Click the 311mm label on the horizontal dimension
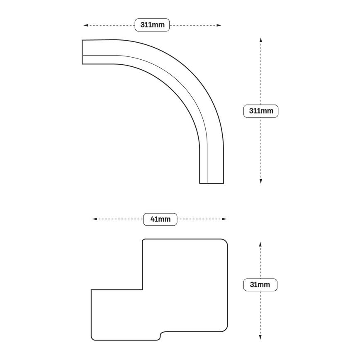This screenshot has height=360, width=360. pyautogui.click(x=152, y=25)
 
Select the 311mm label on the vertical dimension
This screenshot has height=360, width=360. pyautogui.click(x=260, y=111)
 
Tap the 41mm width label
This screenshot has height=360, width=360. pyautogui.click(x=160, y=219)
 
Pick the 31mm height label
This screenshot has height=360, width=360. pyautogui.click(x=260, y=285)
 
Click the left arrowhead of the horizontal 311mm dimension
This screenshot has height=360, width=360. pyautogui.click(x=85, y=25)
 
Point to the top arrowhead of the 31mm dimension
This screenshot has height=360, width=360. pyautogui.click(x=260, y=244)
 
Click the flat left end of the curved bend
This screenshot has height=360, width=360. pyautogui.click(x=82, y=52)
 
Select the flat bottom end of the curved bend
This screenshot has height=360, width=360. pyautogui.click(x=212, y=183)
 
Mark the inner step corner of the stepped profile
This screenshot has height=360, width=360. pyautogui.click(x=143, y=289)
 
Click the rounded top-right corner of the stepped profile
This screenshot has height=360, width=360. pyautogui.click(x=226, y=242)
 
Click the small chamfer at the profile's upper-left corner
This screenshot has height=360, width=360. pyautogui.click(x=143, y=240)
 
